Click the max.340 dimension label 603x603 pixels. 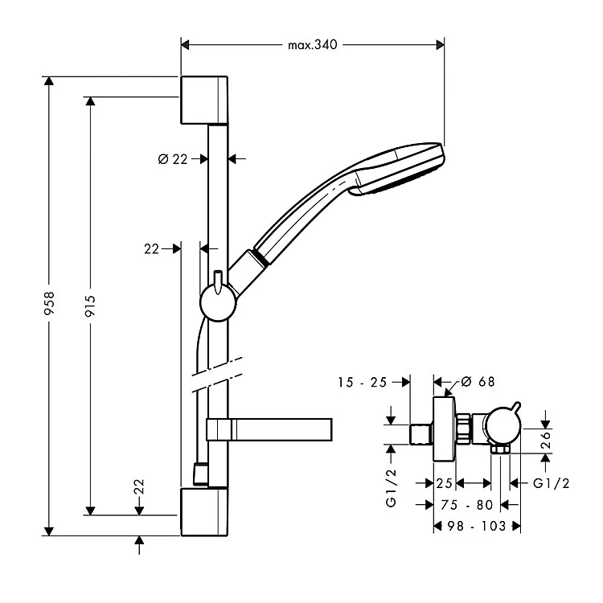tap(312, 45)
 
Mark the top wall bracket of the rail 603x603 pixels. tap(204, 100)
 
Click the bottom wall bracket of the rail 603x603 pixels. tap(204, 511)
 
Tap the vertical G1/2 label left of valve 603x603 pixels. tap(392, 489)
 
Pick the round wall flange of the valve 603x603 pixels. tap(444, 429)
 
